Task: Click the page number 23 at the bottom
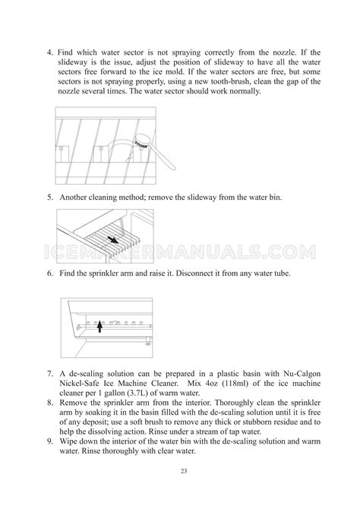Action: (x=184, y=471)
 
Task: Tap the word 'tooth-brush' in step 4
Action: (x=230, y=81)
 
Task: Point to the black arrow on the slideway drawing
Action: (x=113, y=240)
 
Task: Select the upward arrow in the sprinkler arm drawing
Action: (x=100, y=326)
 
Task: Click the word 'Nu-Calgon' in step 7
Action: (x=302, y=374)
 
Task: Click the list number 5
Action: (x=50, y=198)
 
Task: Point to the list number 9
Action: (x=50, y=441)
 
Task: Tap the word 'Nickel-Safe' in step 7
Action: (x=79, y=384)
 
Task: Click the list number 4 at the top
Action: (x=50, y=52)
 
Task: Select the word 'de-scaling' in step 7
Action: (x=86, y=374)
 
